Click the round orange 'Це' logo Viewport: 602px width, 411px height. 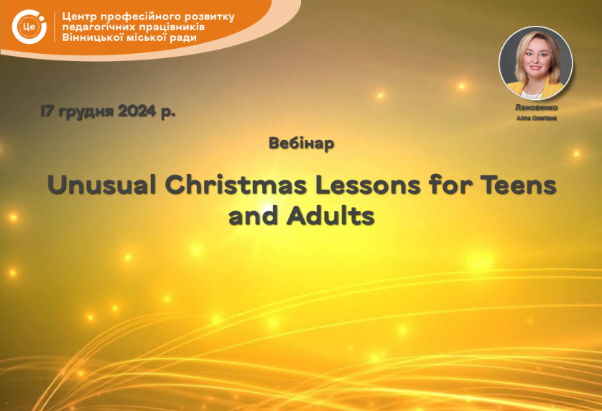click(x=29, y=27)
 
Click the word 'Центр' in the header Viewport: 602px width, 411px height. click(x=80, y=17)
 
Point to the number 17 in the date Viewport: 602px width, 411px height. click(x=47, y=111)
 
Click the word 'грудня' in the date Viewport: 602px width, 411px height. click(x=86, y=112)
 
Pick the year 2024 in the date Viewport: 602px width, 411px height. click(x=137, y=111)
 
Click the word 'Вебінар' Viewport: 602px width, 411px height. click(x=302, y=143)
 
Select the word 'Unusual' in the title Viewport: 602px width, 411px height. click(x=102, y=185)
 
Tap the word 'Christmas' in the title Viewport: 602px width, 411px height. click(x=236, y=185)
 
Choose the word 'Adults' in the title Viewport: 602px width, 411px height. click(x=330, y=216)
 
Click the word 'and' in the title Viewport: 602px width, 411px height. click(x=253, y=216)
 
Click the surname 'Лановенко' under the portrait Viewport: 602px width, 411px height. click(x=536, y=108)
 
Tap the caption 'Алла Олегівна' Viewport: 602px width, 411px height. click(x=536, y=118)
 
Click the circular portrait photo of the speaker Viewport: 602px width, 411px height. click(x=536, y=63)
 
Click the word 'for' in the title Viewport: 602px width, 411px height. click(x=450, y=185)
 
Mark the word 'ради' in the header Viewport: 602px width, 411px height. click(x=182, y=37)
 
